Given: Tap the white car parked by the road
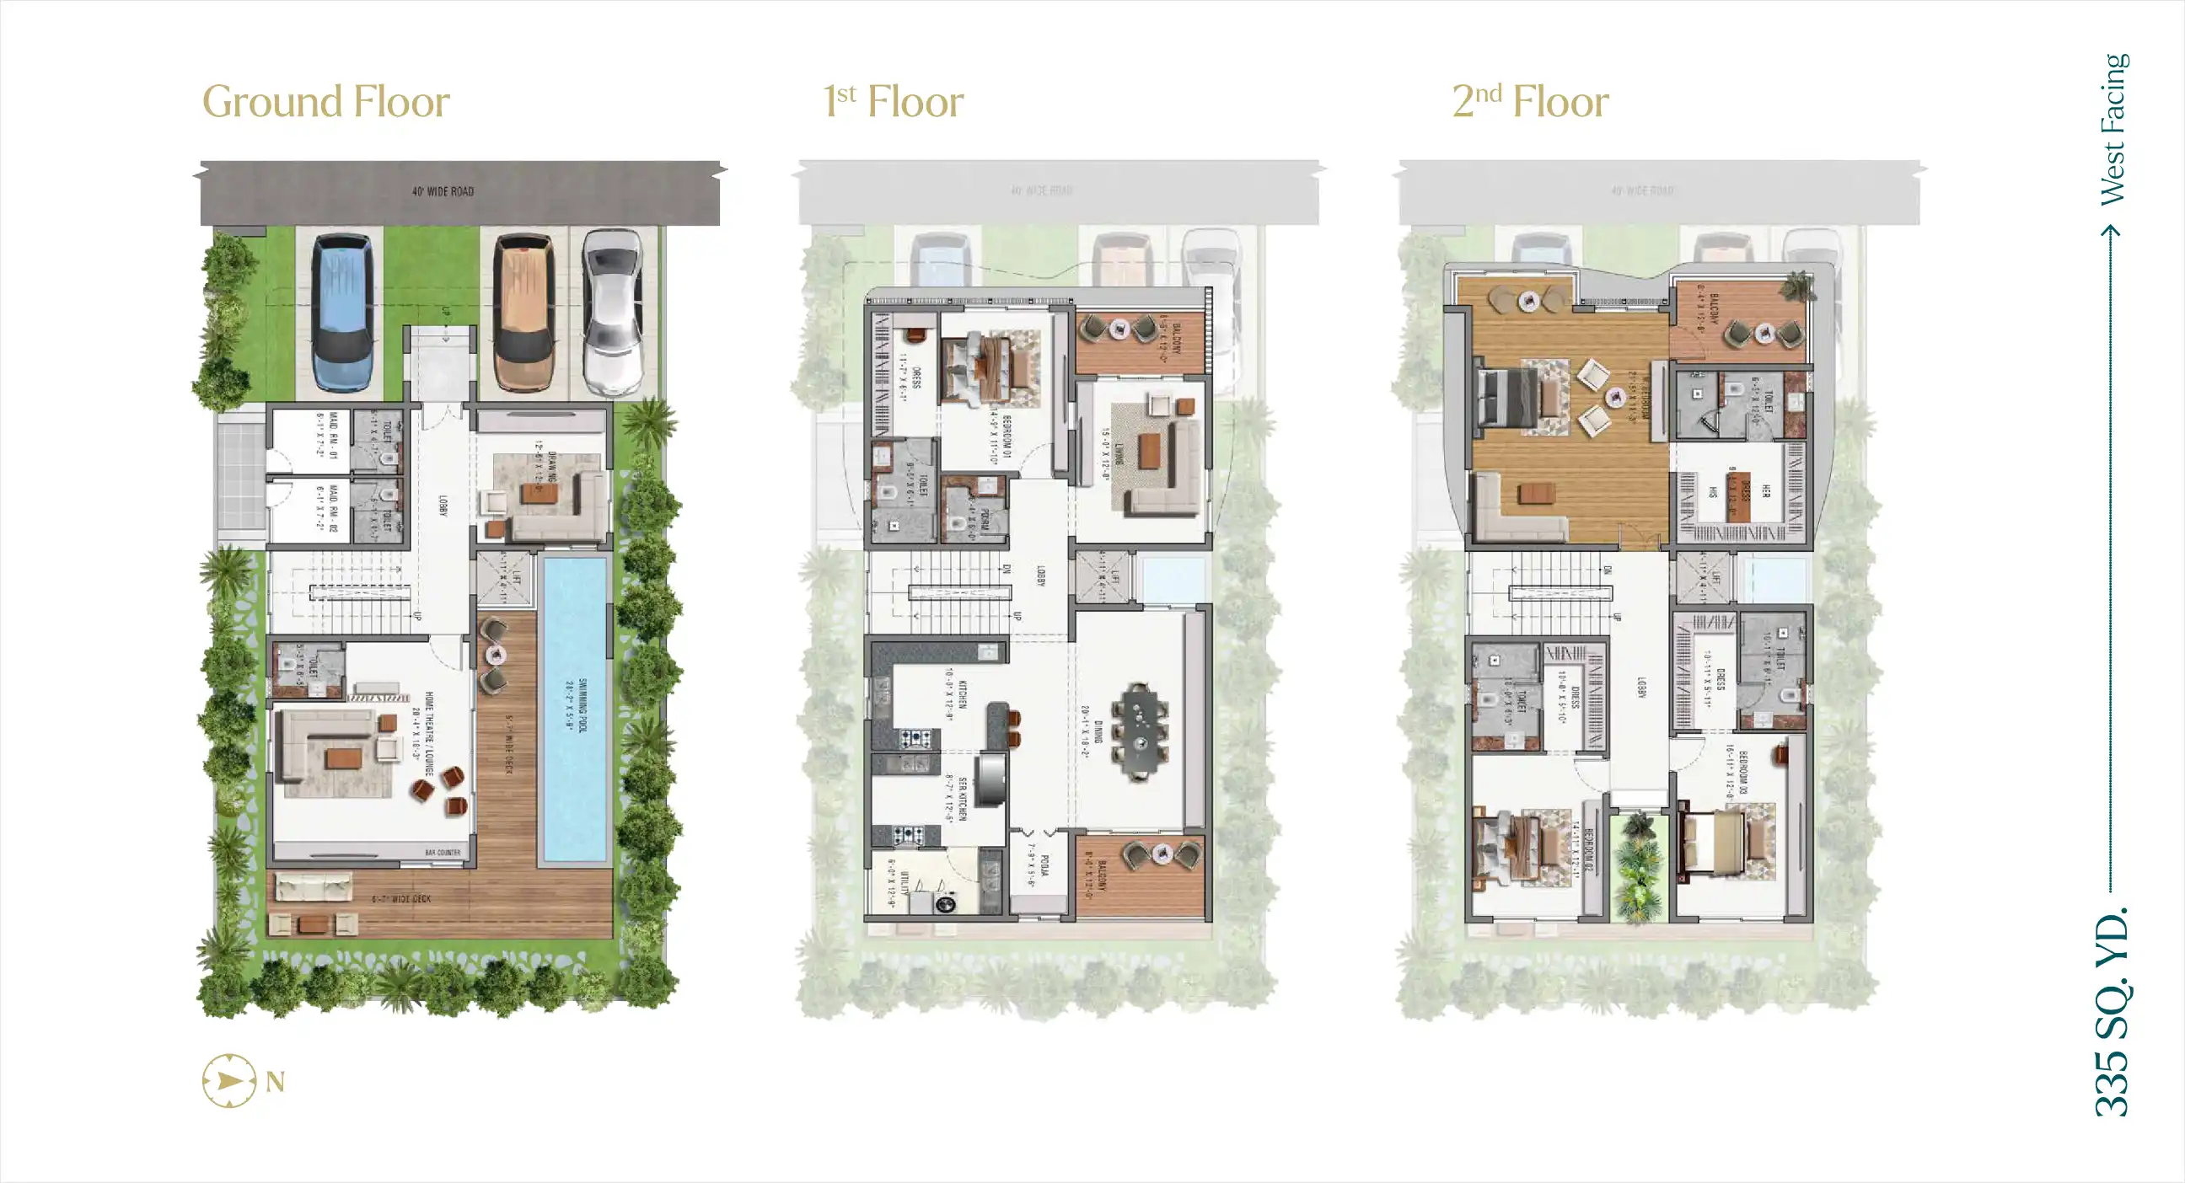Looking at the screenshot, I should coord(612,312).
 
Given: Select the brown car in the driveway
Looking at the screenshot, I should coord(524,312).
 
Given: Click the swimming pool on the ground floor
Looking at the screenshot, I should coord(574,708).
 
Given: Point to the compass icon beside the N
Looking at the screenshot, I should coord(229,1081).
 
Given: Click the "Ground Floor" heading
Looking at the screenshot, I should coord(325,102).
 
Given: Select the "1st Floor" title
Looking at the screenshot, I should coord(894,102).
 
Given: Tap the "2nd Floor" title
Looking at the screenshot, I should coord(1530,102).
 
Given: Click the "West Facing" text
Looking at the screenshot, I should coord(2113,129).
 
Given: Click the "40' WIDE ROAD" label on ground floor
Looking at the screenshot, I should coord(443,191).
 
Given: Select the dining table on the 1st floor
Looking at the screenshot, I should coord(1140,731).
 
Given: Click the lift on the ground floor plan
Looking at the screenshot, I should coord(505,578).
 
